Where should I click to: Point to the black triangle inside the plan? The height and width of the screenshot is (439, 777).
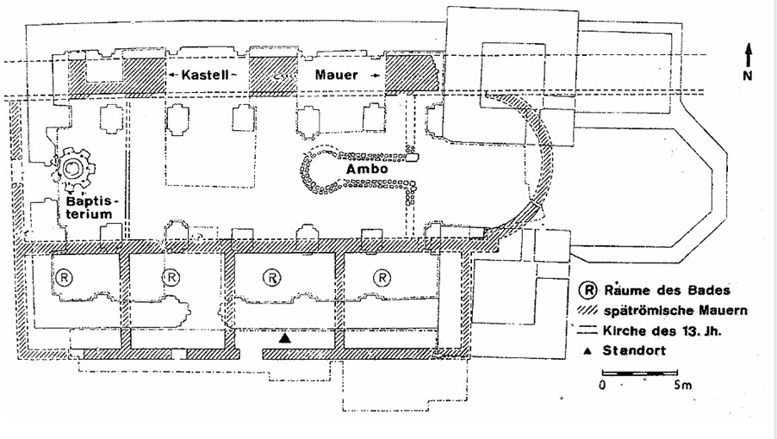tap(284, 340)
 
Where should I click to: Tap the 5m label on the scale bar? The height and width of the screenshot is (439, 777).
tap(683, 386)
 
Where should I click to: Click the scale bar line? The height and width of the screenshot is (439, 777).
tap(633, 373)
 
